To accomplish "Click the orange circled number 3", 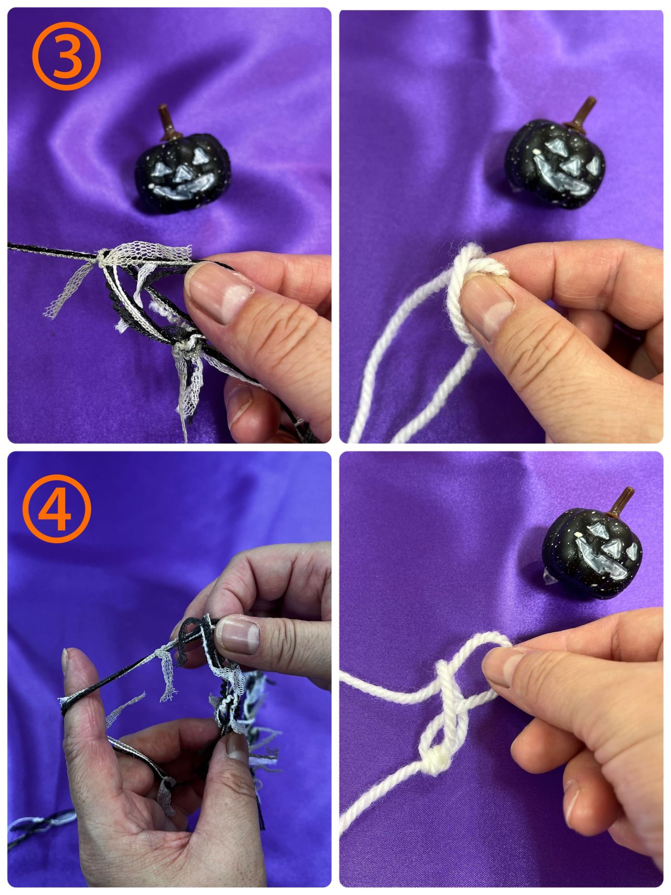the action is (66, 57).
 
